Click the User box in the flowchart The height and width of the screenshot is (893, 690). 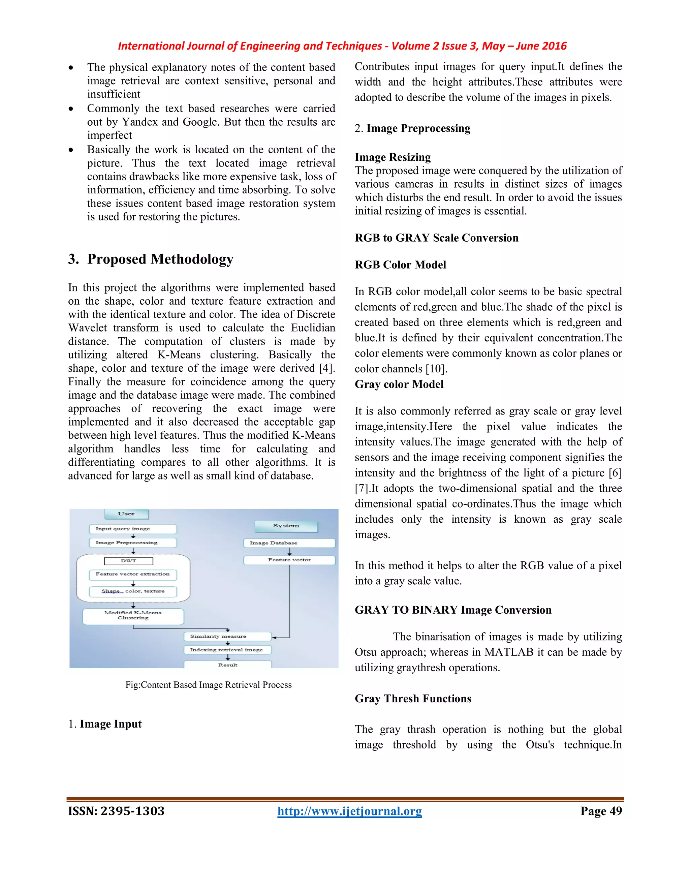126,514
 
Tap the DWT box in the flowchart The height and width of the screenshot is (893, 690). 128,561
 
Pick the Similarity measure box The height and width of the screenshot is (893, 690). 227,636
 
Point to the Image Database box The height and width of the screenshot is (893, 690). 289,543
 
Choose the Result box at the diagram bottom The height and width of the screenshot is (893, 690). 227,665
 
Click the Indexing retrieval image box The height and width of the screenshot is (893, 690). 227,650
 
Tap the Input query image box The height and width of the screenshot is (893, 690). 132,529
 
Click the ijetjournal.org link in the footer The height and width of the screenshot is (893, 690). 349,811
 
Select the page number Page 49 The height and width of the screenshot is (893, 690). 601,811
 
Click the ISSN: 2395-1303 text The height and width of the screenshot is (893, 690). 117,811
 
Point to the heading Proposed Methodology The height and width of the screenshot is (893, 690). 160,259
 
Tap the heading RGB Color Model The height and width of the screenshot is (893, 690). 400,265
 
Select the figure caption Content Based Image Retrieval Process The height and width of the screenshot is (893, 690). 209,685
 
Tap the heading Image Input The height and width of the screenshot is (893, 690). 111,724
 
